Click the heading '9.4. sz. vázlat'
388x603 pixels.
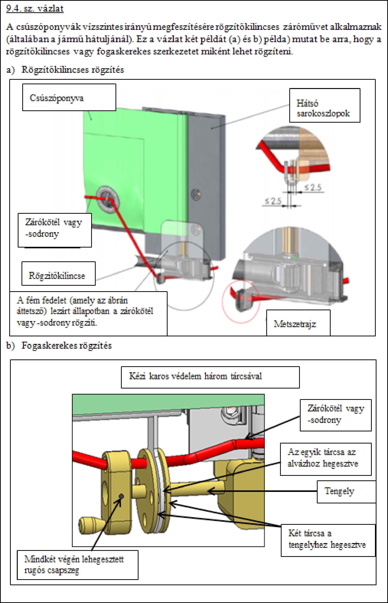35,9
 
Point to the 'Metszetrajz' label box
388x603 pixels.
298,323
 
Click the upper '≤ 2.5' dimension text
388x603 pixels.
313,187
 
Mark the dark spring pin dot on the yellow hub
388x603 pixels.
122,496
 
